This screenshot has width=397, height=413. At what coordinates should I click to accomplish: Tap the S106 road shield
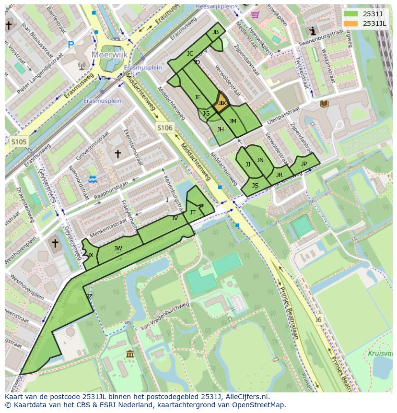tap(164, 127)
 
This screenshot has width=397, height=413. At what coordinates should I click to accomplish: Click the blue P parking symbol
tap(71, 45)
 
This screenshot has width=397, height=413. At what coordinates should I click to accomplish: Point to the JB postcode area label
tap(215, 32)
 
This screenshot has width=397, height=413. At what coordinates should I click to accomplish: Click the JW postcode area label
tap(118, 248)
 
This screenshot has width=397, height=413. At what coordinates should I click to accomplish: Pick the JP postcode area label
tap(304, 164)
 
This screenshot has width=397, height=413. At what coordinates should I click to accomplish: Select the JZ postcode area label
tap(89, 296)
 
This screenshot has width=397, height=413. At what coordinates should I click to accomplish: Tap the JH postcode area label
tap(220, 129)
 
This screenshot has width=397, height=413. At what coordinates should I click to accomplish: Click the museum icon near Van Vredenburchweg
tap(130, 354)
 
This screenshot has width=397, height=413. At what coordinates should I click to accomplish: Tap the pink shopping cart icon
tap(255, 14)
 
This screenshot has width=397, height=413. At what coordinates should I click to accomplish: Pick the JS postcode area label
tap(255, 186)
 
